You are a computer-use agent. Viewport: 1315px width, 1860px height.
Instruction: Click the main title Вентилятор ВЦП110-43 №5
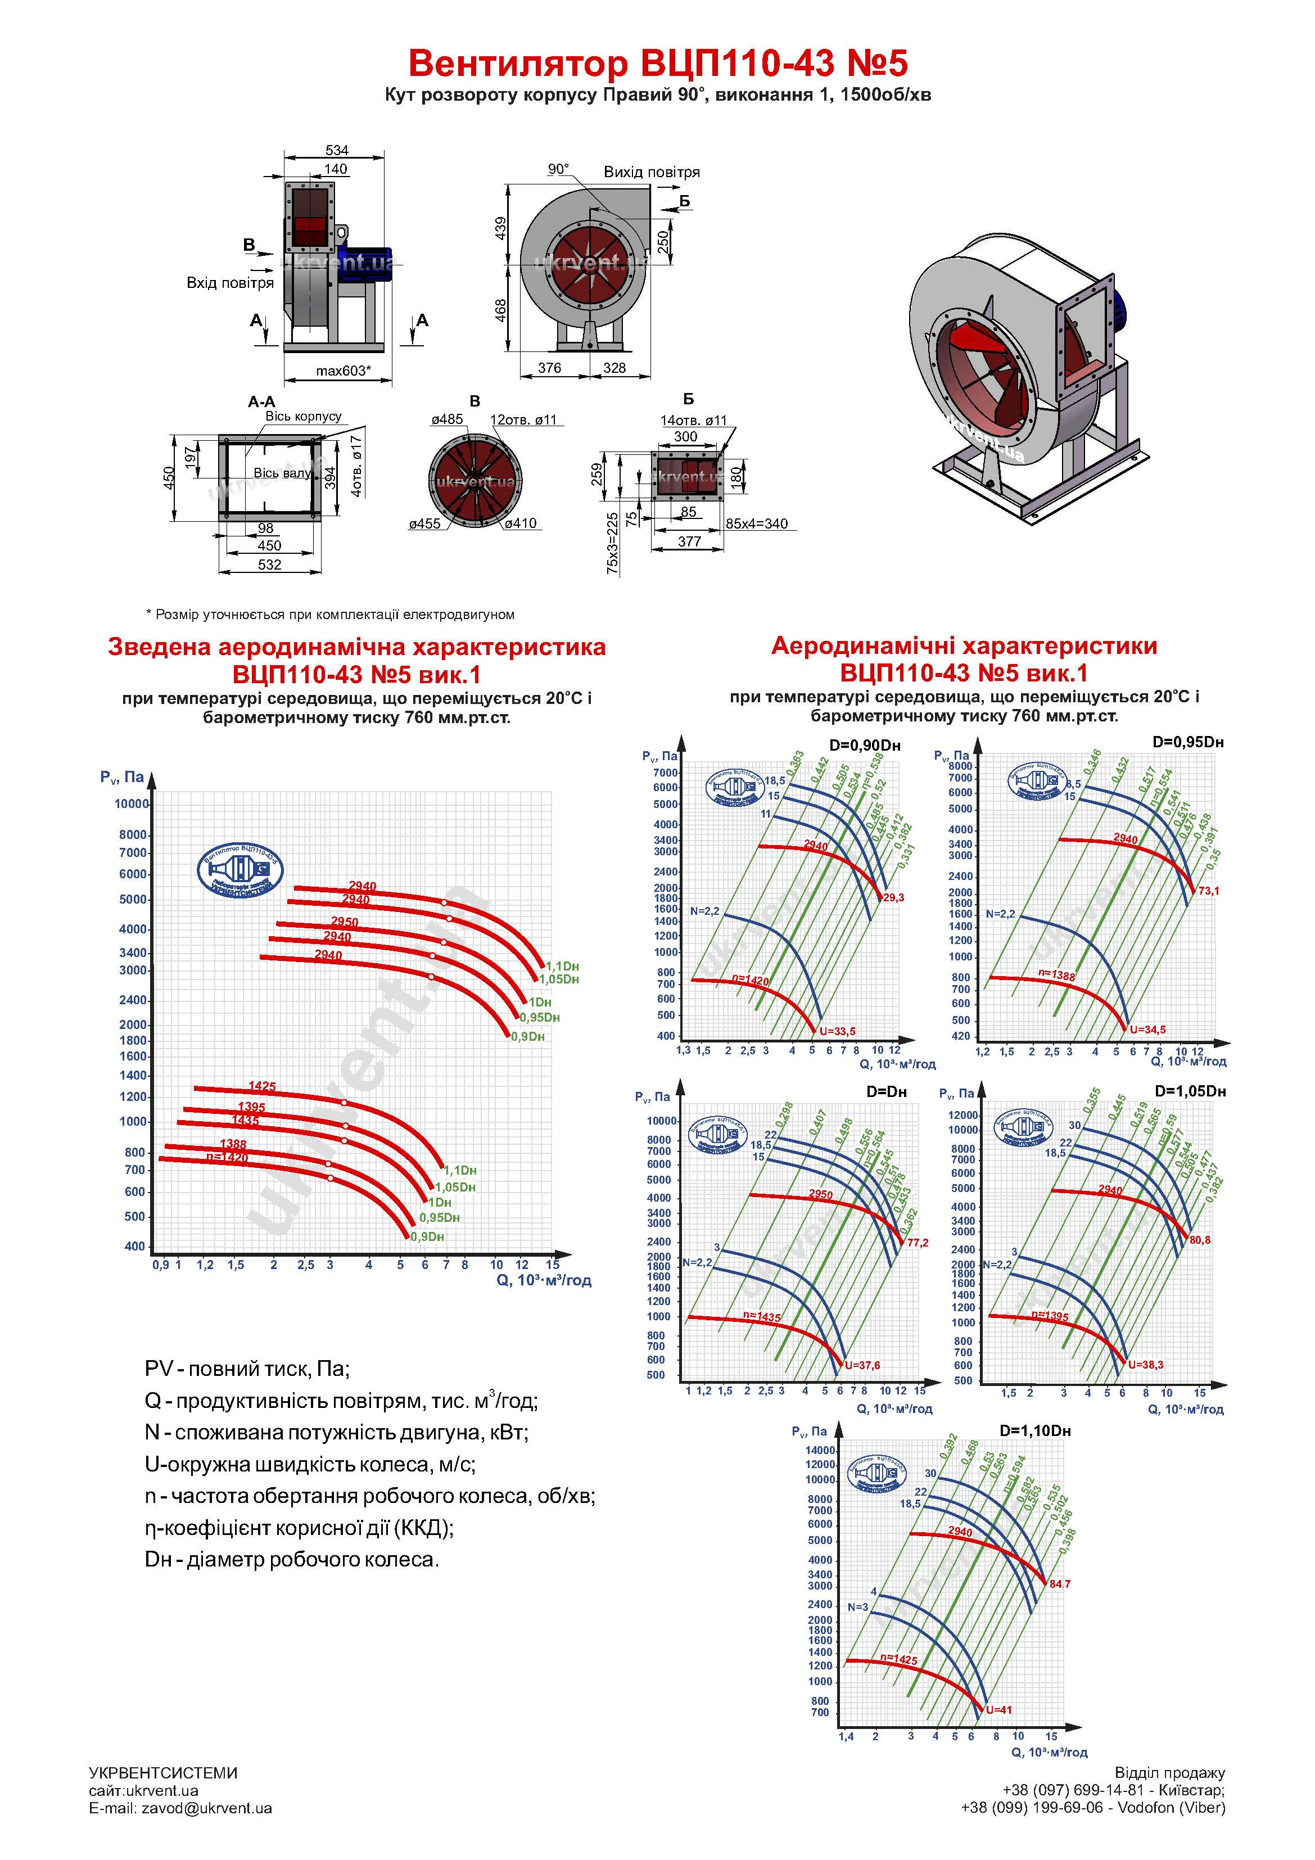(x=657, y=63)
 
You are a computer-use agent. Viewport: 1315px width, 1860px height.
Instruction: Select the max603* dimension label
(x=343, y=371)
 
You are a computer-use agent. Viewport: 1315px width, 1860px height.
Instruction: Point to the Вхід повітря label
(x=230, y=283)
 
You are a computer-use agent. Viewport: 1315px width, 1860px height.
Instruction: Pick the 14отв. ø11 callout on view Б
(x=694, y=421)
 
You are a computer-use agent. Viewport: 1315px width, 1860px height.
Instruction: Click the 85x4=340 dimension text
(x=756, y=523)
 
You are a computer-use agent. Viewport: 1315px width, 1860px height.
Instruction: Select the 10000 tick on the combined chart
(x=131, y=803)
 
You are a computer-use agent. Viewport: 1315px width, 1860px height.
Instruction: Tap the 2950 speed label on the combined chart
(x=344, y=922)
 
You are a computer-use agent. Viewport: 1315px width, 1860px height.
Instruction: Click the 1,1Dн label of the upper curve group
(x=562, y=965)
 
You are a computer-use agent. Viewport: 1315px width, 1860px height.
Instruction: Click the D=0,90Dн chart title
(x=865, y=746)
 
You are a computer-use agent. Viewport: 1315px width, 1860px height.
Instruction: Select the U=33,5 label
(x=837, y=1031)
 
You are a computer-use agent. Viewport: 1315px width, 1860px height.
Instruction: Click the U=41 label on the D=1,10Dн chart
(x=999, y=1710)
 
